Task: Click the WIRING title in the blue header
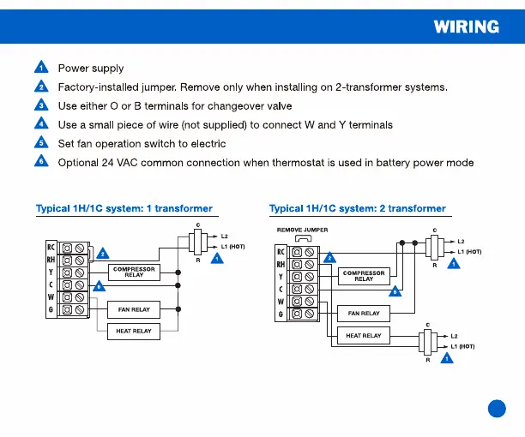[466, 26]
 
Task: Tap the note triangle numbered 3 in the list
[40, 105]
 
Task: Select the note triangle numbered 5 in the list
[40, 143]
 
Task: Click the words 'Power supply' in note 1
[90, 69]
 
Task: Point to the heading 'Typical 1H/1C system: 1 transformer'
[124, 208]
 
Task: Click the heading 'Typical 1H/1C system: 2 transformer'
[357, 208]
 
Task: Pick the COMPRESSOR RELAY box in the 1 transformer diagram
[134, 272]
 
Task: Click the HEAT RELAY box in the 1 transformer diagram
[133, 331]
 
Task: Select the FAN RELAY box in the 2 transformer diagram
[364, 314]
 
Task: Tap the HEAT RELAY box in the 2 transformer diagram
[364, 336]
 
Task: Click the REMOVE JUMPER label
[302, 230]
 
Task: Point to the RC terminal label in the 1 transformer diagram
[51, 248]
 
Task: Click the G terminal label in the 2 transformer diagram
[281, 315]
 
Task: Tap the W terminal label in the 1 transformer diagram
[51, 296]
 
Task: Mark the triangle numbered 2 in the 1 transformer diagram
[103, 254]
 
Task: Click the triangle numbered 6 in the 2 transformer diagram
[395, 292]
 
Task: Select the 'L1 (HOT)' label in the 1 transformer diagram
[232, 247]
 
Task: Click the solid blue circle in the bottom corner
[497, 409]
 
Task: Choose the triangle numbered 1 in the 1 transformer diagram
[217, 258]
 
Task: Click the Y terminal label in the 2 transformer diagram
[281, 277]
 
